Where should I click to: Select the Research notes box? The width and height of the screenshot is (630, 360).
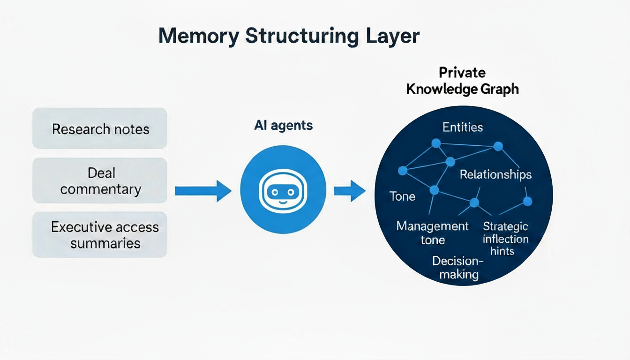[100, 129]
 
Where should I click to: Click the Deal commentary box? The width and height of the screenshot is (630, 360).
[100, 181]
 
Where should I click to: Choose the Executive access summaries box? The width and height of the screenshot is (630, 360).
[100, 235]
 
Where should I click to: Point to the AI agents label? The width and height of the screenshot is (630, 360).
[283, 126]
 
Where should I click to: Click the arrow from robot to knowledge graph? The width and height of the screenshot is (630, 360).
[349, 190]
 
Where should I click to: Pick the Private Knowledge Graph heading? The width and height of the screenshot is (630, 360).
[462, 81]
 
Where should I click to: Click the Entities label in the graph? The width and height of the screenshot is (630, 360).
[462, 127]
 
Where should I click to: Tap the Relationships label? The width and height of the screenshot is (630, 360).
[495, 175]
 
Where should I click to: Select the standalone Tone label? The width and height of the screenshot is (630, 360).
[402, 196]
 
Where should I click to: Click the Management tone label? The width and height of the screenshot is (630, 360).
[432, 233]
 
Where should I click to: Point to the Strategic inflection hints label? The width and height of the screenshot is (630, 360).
[505, 239]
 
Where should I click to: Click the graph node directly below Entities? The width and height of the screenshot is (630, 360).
[436, 143]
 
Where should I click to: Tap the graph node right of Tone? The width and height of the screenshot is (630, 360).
[434, 190]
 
